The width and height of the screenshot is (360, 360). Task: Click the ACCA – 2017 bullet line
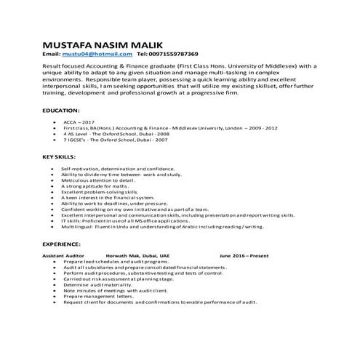pyautogui.click(x=79, y=122)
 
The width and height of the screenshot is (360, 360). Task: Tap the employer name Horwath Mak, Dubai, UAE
pyautogui.click(x=137, y=256)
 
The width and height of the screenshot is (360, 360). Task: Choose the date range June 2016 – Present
pyautogui.click(x=244, y=256)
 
